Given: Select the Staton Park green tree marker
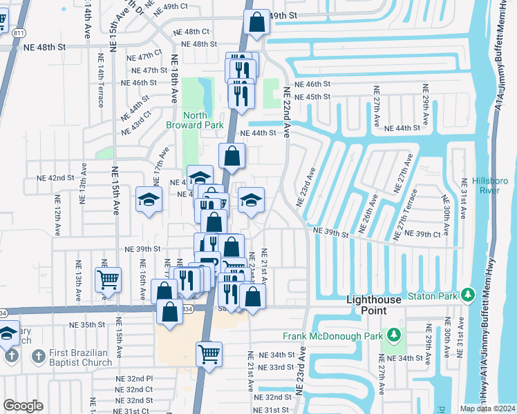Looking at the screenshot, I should (x=469, y=296).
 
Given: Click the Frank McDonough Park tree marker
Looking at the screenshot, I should (x=394, y=336).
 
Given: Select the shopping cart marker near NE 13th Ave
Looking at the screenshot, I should (x=108, y=279).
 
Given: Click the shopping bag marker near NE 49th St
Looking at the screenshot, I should (x=256, y=21).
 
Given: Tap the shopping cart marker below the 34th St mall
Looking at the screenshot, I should (x=209, y=354).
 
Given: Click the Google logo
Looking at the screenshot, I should (x=23, y=406).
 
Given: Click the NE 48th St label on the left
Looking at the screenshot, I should (x=41, y=47).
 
